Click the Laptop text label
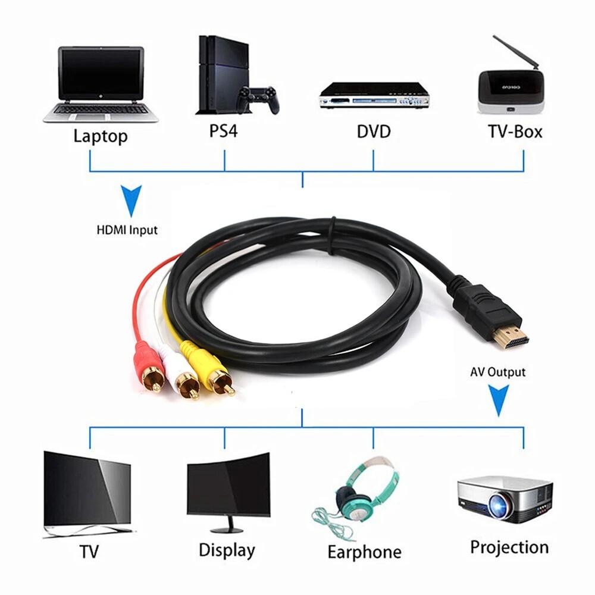click(x=100, y=136)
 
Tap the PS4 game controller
click(x=258, y=99)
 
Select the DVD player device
click(x=374, y=95)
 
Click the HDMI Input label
click(x=127, y=230)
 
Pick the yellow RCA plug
click(x=218, y=372)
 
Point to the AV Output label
click(x=498, y=372)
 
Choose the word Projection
click(x=509, y=547)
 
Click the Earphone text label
click(x=364, y=552)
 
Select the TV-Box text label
click(x=515, y=131)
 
